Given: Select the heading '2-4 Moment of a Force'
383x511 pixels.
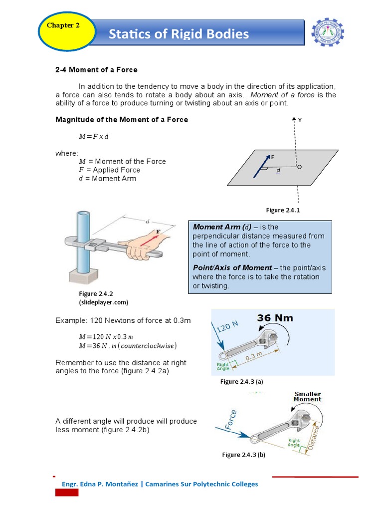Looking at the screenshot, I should click(96, 69).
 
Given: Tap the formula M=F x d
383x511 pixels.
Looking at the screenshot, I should click(93, 136).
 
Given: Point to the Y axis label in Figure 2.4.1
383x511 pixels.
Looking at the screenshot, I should click(300, 120).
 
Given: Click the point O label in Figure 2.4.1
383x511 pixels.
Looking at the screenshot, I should click(299, 167).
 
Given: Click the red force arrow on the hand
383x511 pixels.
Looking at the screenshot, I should click(149, 239).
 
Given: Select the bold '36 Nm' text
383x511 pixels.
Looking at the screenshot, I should click(275, 318).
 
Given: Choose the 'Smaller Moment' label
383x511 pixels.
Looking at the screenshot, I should click(307, 397).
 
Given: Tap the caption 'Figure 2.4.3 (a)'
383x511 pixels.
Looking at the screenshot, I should click(241, 382).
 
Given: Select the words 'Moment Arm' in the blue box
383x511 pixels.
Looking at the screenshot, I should click(212, 227).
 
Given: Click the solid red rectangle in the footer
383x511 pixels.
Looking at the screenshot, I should click(67, 493).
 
